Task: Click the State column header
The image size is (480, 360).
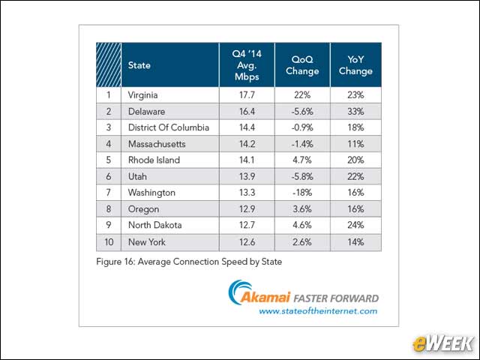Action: coord(139,65)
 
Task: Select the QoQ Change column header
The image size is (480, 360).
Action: coord(302,65)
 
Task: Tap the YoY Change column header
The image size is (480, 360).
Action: coord(355,65)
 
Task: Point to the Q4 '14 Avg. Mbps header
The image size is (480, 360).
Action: coord(247,65)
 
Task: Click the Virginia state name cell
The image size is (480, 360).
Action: coord(143,95)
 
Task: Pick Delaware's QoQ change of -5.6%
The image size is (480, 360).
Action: coord(302,112)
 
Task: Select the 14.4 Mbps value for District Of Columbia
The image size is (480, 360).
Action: coord(247,127)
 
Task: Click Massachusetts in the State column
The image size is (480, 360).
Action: coord(157,144)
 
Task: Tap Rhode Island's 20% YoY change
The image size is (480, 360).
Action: coord(355,160)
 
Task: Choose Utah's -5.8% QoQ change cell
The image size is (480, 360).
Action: coord(302,177)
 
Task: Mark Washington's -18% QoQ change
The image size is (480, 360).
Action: coord(302,193)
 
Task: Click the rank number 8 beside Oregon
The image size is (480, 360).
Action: coord(109,209)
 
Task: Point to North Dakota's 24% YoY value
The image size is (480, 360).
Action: coord(355,225)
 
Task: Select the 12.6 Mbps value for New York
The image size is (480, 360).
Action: coord(247,242)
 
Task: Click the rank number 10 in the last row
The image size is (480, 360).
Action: coord(109,242)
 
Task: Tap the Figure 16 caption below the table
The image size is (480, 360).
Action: coord(189,262)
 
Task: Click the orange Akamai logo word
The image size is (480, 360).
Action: coord(265,297)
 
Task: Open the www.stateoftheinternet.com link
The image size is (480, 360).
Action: coord(318,311)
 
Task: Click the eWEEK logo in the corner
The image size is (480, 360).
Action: coord(443,343)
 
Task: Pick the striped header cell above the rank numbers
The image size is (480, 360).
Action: coord(109,65)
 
